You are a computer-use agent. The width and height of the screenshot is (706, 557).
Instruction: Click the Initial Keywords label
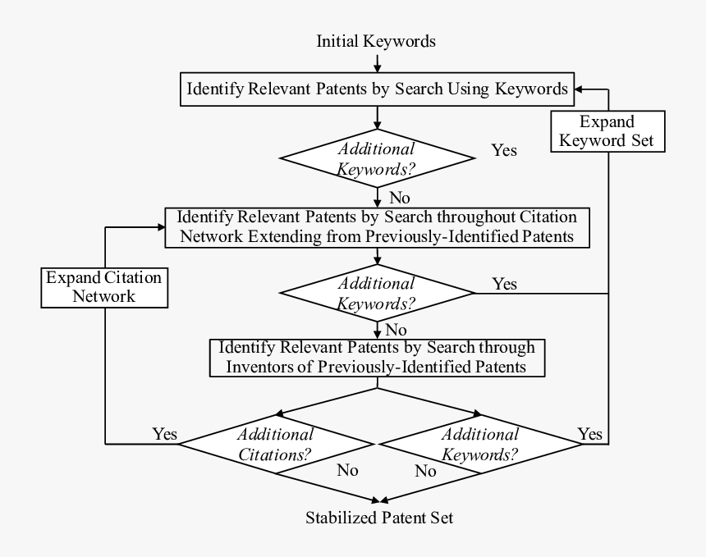tap(376, 41)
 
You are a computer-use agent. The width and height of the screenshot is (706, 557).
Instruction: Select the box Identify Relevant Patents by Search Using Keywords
tap(377, 89)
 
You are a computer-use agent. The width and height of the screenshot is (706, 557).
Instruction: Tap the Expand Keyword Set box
tap(607, 131)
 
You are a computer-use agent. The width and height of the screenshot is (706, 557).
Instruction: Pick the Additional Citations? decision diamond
tap(277, 444)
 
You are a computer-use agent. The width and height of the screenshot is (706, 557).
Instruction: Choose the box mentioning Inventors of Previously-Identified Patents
tap(377, 358)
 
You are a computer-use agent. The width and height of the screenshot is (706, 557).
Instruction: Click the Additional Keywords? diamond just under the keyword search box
tap(377, 158)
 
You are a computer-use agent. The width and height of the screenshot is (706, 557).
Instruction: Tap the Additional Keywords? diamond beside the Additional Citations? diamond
tap(479, 444)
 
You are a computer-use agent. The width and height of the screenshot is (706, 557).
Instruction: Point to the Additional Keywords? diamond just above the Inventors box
tap(377, 293)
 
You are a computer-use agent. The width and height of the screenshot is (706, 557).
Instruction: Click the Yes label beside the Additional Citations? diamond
tap(164, 433)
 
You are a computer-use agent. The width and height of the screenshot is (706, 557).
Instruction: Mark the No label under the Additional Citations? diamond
tap(347, 471)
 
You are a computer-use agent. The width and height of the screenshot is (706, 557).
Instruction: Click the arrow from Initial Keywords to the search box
tap(377, 62)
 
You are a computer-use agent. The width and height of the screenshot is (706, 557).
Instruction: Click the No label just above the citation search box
tap(400, 198)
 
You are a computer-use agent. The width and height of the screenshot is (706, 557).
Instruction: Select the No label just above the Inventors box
tap(397, 330)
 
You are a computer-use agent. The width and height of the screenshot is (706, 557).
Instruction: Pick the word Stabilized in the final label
tap(342, 518)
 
